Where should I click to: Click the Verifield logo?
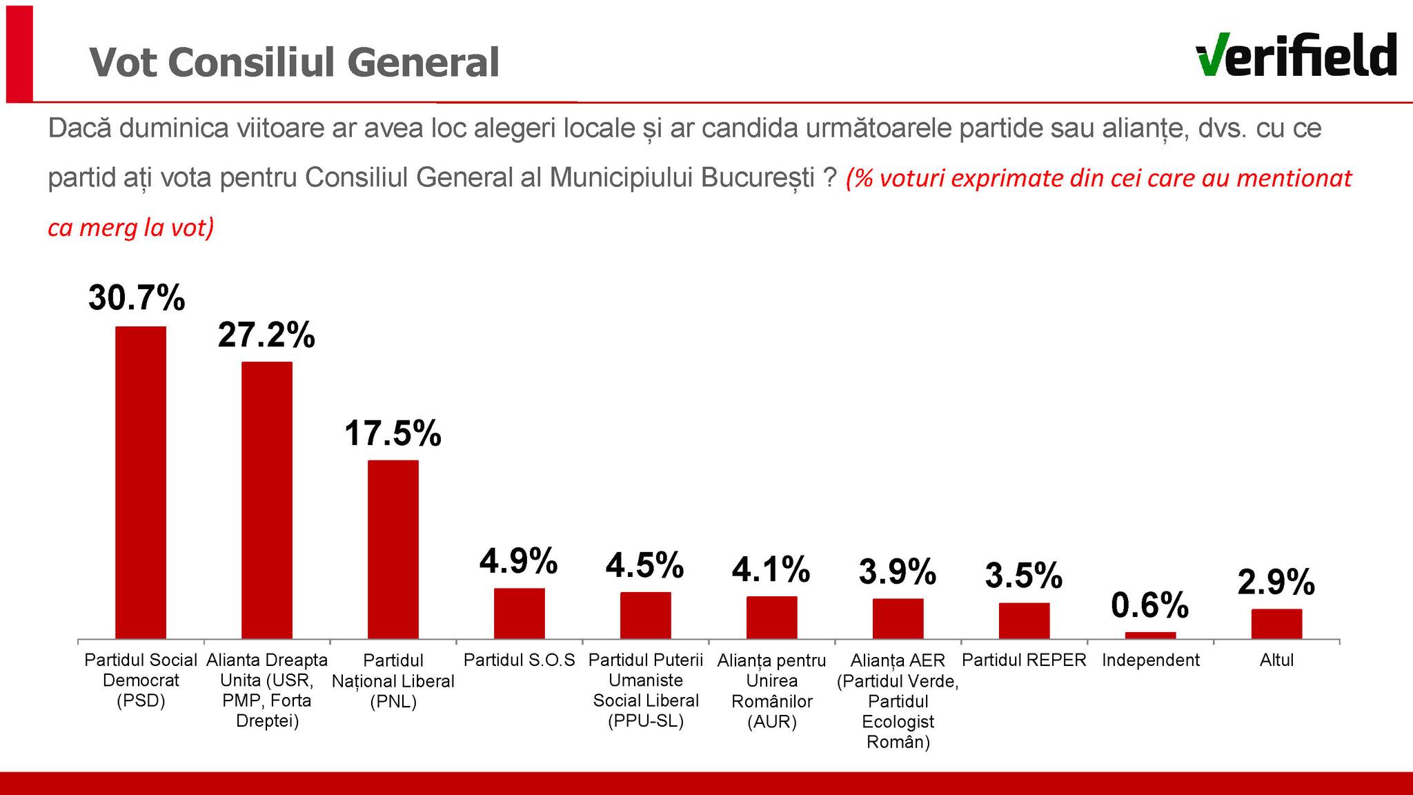pos(1296,55)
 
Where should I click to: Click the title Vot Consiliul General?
pos(295,62)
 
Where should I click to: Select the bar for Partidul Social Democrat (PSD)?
pos(141,482)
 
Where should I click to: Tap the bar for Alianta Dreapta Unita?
pos(267,500)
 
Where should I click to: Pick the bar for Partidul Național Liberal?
pos(393,549)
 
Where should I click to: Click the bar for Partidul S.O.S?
pos(520,613)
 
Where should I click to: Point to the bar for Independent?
pos(1150,635)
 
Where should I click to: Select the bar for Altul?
pos(1276,623)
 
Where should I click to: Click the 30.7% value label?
pos(137,298)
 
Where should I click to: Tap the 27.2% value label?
pos(266,335)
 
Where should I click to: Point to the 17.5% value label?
pos(393,433)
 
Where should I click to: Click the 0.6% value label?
pos(1150,605)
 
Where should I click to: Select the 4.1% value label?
pos(771,570)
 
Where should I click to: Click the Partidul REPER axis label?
pos(1024,660)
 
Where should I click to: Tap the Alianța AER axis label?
pos(898,701)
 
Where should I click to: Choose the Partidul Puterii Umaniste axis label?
pos(646,691)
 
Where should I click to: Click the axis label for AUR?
pos(771,691)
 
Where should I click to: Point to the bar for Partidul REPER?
pos(1024,620)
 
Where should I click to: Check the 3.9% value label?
pos(898,572)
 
